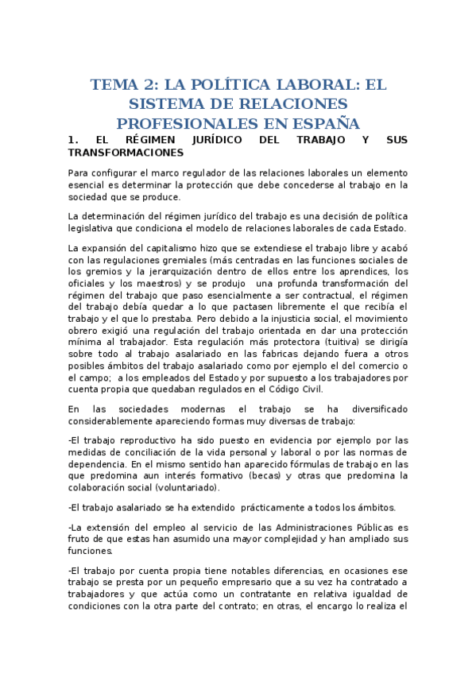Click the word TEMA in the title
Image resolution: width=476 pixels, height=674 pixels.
click(x=114, y=84)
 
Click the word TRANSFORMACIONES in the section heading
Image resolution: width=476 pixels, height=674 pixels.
click(x=126, y=152)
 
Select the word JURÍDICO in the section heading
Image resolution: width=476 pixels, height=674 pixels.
click(x=209, y=140)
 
